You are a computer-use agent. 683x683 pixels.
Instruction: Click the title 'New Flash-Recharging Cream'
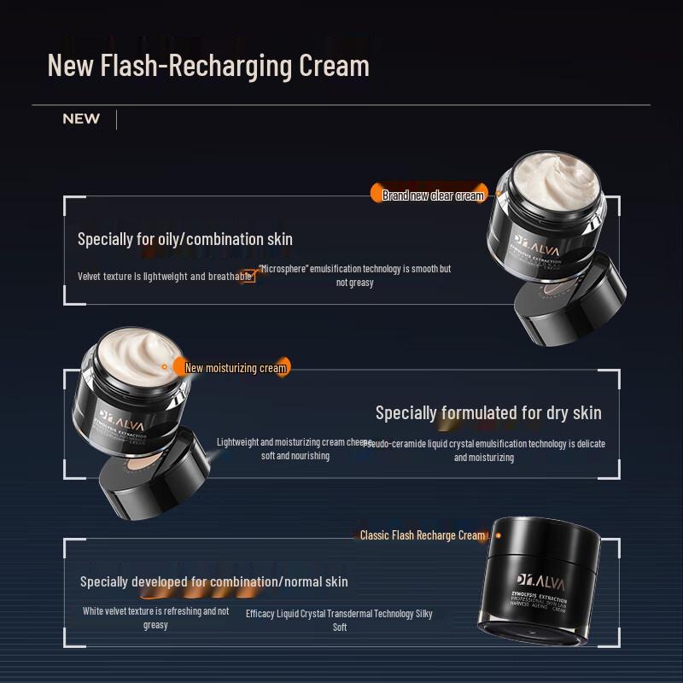208,66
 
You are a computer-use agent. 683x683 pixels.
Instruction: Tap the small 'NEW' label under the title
81,119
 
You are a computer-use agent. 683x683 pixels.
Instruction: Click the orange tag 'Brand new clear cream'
433,196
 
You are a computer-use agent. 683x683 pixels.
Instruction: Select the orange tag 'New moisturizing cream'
236,368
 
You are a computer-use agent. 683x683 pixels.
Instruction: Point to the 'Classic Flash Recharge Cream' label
423,535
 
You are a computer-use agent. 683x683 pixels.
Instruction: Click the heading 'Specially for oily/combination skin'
185,239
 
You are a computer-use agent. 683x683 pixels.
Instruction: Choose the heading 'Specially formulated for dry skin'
488,413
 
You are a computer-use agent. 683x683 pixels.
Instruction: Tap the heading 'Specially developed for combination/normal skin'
214,581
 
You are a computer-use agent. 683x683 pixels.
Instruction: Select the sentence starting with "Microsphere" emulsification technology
355,275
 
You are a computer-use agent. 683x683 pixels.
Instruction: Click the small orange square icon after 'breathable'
248,277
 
